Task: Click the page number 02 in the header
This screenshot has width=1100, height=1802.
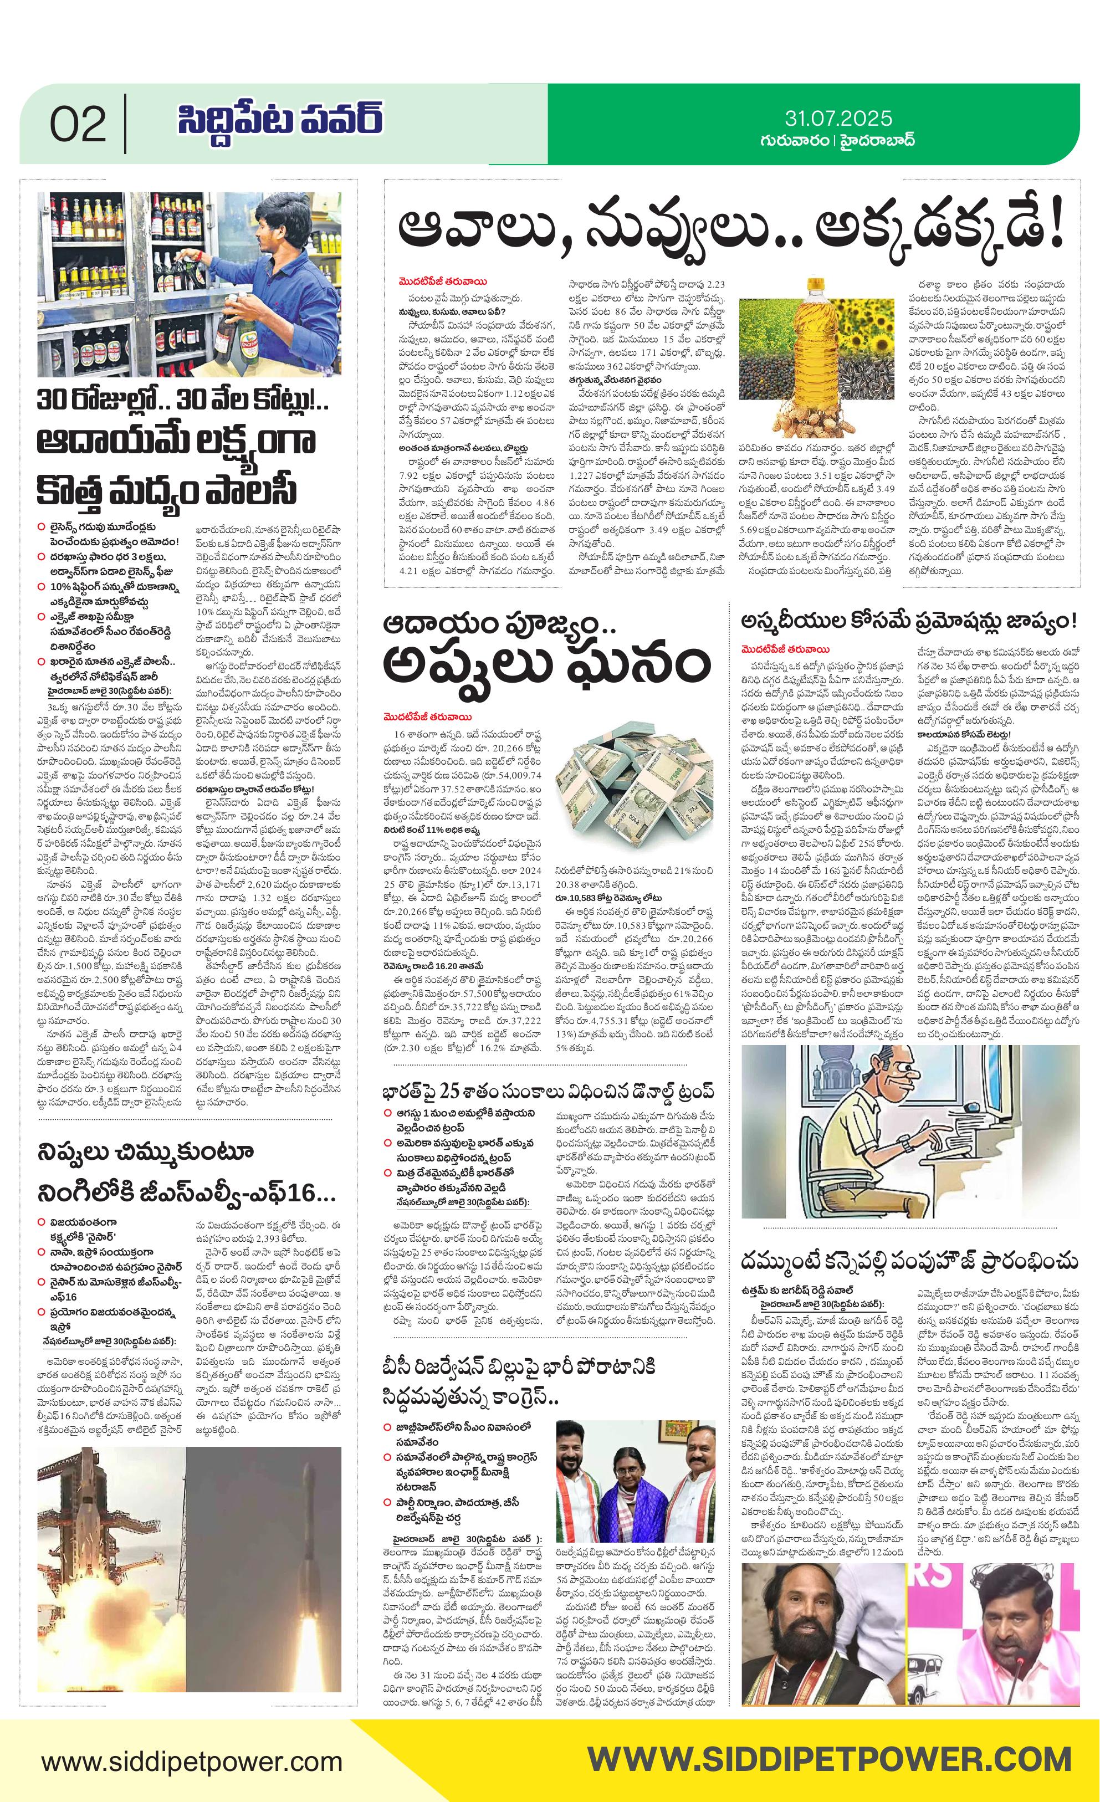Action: tap(78, 125)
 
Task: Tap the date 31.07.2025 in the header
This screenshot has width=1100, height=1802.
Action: tap(838, 119)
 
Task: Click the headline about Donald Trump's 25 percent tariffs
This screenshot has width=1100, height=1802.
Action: tap(548, 1092)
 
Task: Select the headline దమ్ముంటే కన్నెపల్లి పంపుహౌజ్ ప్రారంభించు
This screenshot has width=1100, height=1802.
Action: tap(910, 1262)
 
